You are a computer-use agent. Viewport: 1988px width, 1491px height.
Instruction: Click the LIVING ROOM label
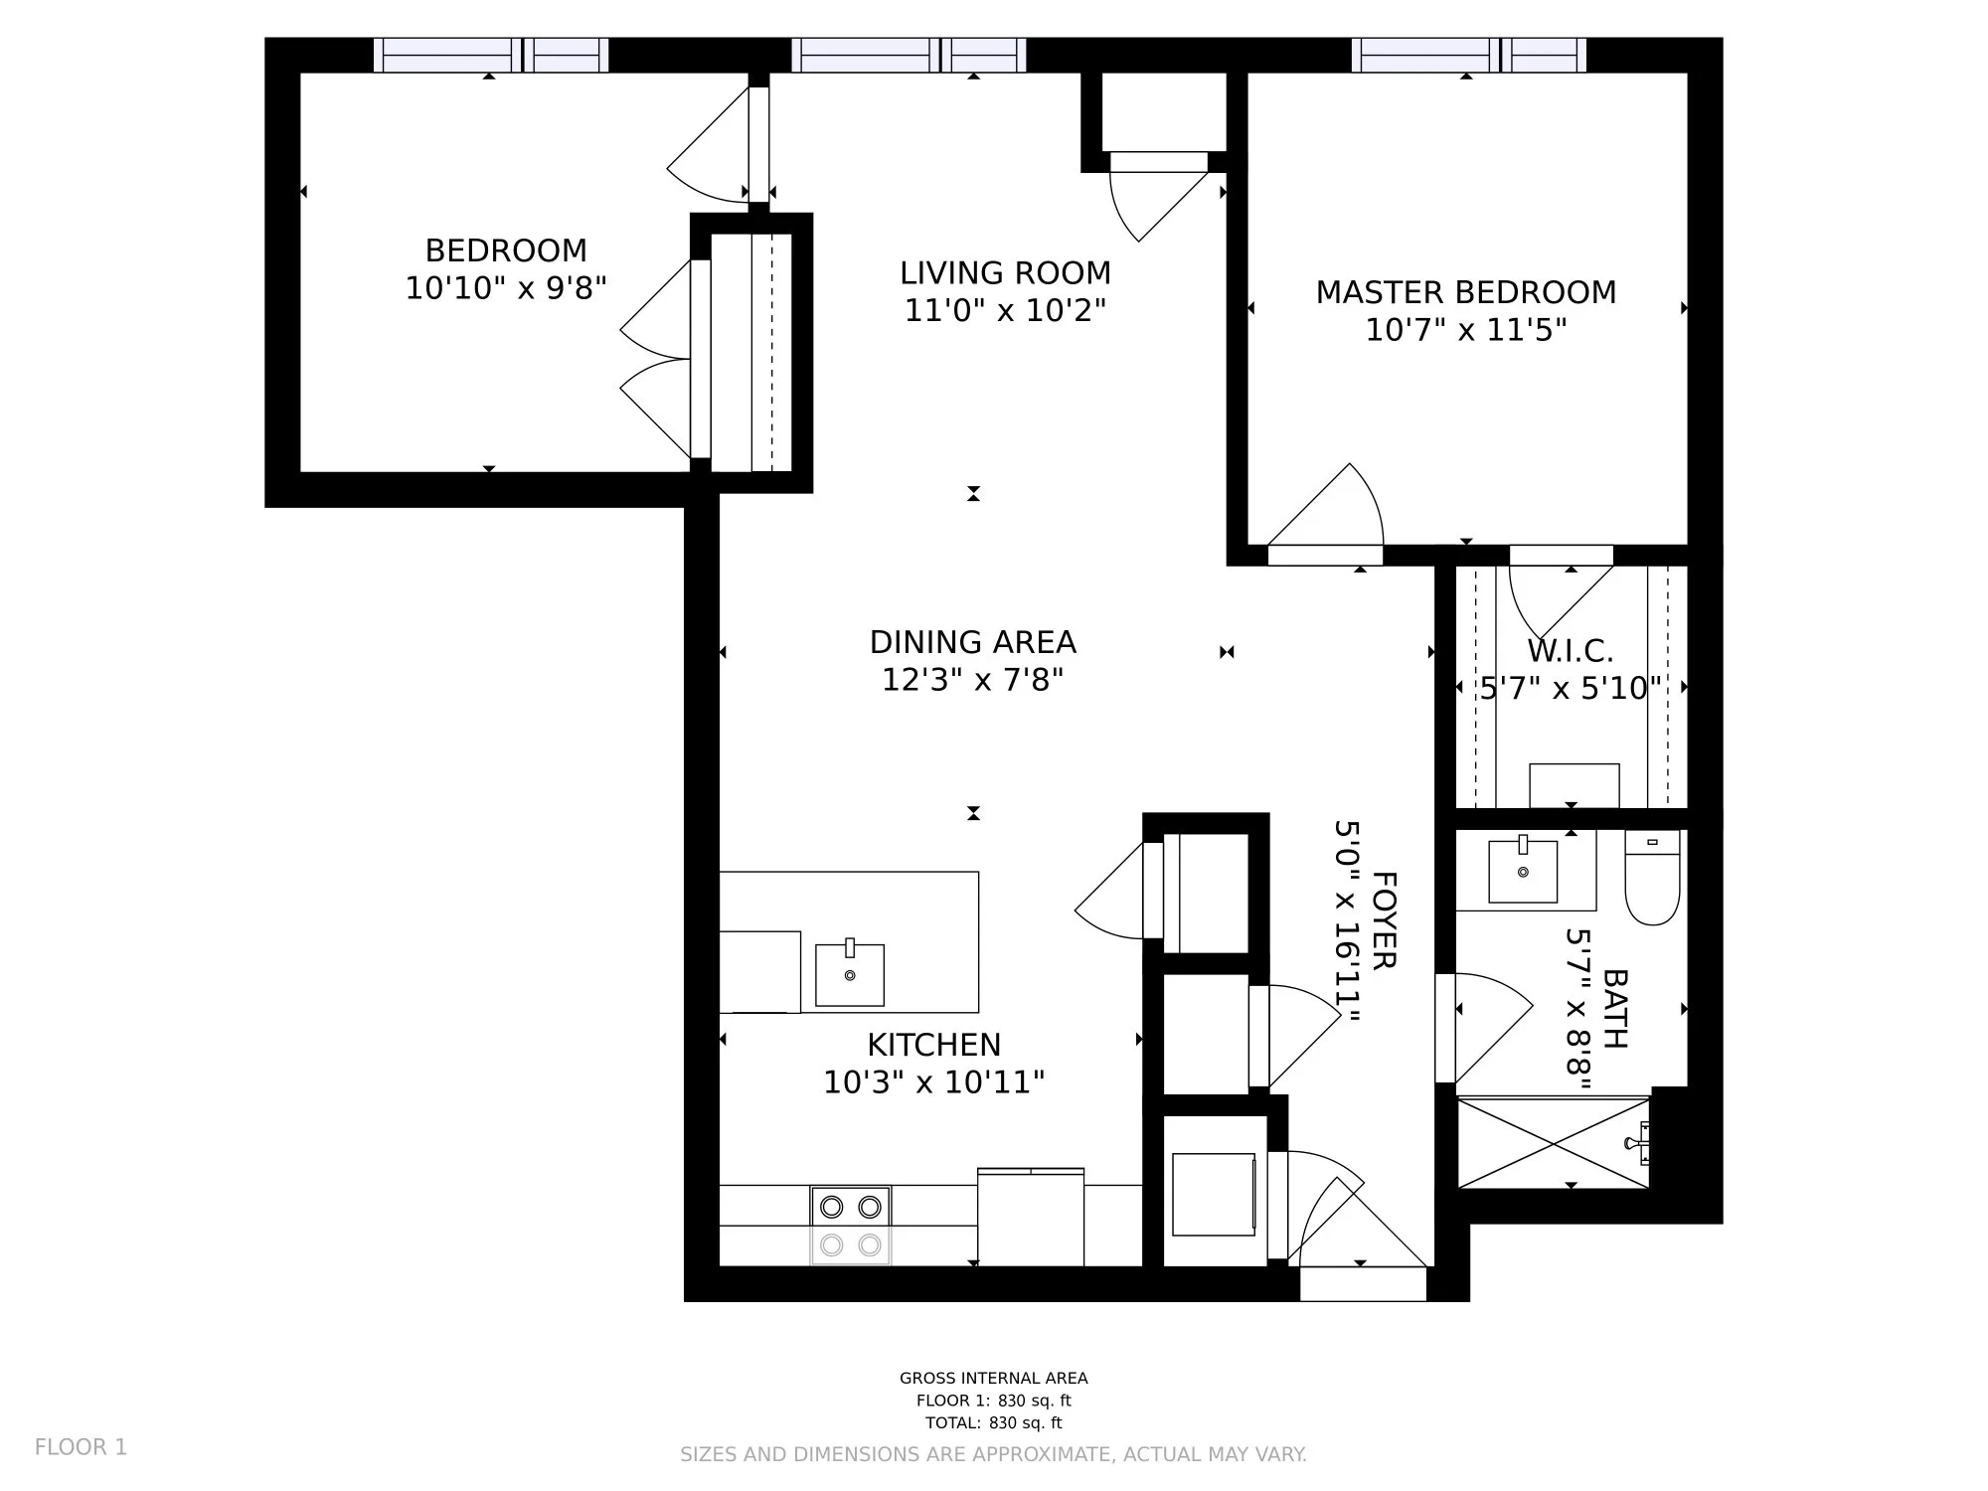(1005, 272)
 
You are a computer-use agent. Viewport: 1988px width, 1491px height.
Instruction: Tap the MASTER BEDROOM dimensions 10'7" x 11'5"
(1465, 329)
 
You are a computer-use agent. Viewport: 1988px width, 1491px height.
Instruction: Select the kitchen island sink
(850, 974)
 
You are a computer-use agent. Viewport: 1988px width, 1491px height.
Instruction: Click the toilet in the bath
(1652, 878)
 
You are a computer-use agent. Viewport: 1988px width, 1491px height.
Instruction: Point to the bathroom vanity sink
(1523, 871)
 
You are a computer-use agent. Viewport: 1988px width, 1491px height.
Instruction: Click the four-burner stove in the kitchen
(851, 1226)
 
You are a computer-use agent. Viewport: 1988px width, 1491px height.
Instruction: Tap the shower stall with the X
(1553, 1142)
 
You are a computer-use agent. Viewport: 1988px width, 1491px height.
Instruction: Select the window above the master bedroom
(1469, 56)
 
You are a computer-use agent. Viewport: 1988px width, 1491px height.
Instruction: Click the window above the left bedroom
(491, 56)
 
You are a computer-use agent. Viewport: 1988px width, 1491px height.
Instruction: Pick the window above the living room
(910, 56)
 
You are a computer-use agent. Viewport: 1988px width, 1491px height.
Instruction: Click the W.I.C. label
(1570, 651)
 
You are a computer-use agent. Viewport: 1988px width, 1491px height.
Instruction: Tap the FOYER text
(1384, 919)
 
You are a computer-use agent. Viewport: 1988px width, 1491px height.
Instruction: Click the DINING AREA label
(972, 642)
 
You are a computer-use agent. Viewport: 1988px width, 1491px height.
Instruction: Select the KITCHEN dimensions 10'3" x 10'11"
(933, 1081)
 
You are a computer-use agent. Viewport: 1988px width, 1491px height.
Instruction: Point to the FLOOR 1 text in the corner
(82, 1447)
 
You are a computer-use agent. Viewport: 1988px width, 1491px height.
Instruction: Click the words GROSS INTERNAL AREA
(994, 1378)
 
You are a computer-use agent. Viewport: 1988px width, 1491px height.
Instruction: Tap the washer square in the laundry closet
(1214, 1194)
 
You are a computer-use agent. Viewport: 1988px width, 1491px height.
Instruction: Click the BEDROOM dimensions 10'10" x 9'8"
(506, 288)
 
